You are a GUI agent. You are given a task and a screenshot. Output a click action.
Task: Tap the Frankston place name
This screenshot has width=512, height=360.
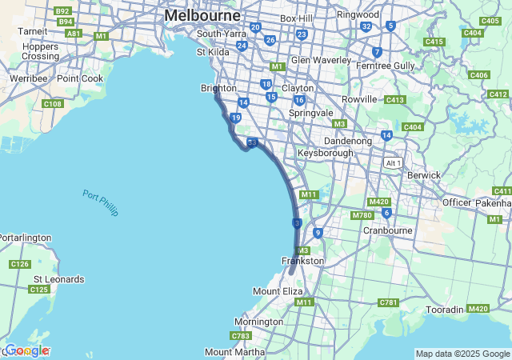[x=302, y=261]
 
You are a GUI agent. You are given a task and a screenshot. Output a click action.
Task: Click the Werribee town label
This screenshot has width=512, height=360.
[x=28, y=78]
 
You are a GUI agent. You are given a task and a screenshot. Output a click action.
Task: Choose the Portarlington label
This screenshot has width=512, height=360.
[x=25, y=238]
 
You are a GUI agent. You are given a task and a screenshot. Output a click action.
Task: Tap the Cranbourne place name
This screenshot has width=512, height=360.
[x=387, y=230]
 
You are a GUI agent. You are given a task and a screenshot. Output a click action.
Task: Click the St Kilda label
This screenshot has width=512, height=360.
[x=213, y=52]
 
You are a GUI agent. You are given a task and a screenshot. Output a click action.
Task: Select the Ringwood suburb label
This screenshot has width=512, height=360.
[x=358, y=14]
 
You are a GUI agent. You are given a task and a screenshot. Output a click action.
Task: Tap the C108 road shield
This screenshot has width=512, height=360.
[x=53, y=104]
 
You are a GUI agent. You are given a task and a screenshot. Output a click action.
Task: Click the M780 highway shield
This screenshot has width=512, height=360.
[x=362, y=214]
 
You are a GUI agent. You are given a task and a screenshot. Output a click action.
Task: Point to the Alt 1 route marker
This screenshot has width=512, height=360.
[x=393, y=162]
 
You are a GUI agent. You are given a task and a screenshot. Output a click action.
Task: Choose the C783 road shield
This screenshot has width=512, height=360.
[x=241, y=335]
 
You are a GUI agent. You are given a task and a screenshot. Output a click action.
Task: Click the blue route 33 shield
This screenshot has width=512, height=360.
[x=252, y=142]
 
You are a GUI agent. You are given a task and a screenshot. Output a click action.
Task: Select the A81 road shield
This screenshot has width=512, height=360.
[x=74, y=34]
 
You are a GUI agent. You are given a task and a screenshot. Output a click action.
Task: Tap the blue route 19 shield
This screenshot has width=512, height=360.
[x=235, y=118]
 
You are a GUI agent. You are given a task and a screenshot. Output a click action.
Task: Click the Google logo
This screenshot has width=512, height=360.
[x=26, y=350]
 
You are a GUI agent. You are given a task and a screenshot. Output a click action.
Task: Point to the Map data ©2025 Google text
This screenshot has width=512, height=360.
[x=462, y=354]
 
